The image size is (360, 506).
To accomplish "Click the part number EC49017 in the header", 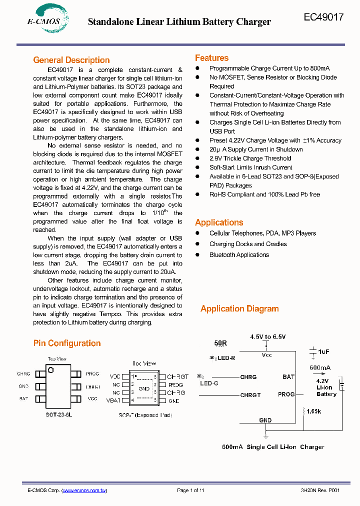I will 323,17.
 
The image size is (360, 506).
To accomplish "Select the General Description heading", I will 71,60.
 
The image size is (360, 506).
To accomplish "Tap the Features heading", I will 211,58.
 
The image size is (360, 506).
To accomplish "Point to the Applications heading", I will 219,222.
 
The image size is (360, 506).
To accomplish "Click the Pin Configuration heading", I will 67,343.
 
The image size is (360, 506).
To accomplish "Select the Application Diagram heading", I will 239,308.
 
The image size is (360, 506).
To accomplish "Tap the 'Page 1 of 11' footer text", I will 190,490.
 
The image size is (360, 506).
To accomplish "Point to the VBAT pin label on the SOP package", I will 113,400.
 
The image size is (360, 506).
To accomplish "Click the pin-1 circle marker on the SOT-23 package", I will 51,370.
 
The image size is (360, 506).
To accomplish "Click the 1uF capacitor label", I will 324,351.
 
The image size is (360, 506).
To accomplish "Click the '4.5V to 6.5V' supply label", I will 268,337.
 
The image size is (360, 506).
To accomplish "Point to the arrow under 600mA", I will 319,374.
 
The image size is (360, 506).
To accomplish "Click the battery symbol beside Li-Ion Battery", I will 342,385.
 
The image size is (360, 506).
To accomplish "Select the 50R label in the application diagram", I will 220,343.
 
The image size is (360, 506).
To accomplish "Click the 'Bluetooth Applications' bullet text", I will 239,255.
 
